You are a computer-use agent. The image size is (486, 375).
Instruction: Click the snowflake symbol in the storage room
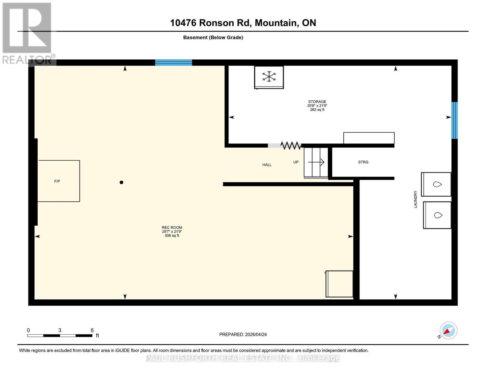click(269, 77)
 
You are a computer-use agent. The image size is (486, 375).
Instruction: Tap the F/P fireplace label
click(57, 181)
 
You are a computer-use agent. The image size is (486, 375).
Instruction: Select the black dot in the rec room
click(121, 182)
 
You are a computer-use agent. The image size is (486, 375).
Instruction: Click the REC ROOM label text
click(172, 227)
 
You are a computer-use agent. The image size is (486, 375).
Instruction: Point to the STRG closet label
click(363, 162)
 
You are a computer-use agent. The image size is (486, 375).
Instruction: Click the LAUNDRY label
click(415, 199)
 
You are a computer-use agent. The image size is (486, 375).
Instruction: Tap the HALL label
click(267, 165)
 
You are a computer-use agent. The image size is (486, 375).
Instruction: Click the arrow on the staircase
click(316, 162)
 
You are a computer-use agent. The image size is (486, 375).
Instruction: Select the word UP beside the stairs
click(296, 162)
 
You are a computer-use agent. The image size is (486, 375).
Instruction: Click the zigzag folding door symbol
click(291, 146)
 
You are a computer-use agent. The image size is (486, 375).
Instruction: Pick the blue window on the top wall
click(174, 62)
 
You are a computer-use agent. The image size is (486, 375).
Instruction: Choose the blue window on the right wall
click(454, 120)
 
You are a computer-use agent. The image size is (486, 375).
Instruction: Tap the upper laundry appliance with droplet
click(436, 184)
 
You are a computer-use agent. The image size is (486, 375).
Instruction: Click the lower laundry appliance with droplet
click(437, 215)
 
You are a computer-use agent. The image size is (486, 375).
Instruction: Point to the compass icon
click(448, 331)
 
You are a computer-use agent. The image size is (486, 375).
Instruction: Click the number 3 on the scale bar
click(60, 330)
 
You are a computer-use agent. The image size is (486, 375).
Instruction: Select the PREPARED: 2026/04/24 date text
click(243, 335)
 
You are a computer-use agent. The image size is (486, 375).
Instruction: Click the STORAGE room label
click(317, 102)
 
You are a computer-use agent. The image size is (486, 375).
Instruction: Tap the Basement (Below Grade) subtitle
click(213, 37)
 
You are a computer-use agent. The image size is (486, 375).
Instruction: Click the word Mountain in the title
click(277, 23)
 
